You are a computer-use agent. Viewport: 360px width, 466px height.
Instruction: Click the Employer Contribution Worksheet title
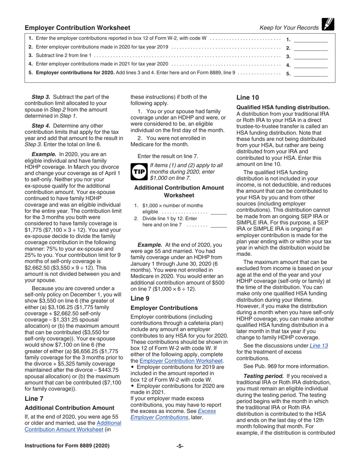point(77,28)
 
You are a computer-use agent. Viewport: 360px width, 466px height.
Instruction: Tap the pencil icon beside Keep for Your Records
point(327,25)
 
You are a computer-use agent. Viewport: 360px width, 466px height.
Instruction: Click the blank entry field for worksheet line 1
point(311,39)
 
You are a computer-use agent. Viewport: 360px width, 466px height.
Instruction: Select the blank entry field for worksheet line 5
point(311,74)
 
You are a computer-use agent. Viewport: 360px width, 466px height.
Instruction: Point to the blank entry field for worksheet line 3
point(311,56)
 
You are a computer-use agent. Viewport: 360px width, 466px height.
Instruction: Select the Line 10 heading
point(248,97)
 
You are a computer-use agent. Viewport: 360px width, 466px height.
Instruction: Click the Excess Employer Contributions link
point(173,414)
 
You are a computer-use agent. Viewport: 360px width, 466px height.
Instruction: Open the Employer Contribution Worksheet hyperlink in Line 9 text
point(181,361)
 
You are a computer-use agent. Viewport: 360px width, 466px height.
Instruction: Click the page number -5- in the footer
point(180,446)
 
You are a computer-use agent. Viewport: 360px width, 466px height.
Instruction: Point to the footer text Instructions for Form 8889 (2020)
point(67,446)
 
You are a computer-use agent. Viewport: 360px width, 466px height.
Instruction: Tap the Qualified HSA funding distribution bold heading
point(283,107)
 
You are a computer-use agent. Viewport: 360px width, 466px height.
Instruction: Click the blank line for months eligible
point(219,213)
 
